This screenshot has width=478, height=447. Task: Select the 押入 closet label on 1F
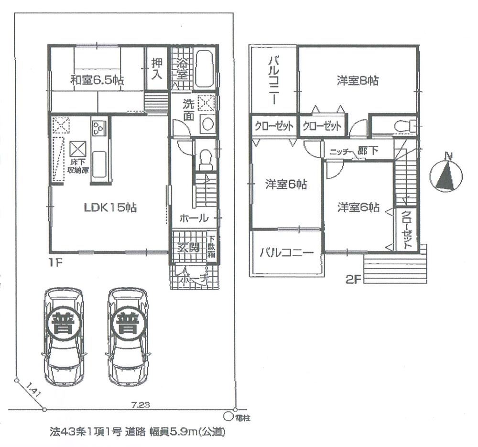coord(157,68)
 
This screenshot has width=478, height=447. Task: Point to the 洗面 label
coord(188,109)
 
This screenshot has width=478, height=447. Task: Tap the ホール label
coord(194,218)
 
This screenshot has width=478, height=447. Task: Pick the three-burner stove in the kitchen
coord(98,128)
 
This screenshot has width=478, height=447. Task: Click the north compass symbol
coord(446,174)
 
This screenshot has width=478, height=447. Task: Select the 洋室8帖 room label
coord(358,81)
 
